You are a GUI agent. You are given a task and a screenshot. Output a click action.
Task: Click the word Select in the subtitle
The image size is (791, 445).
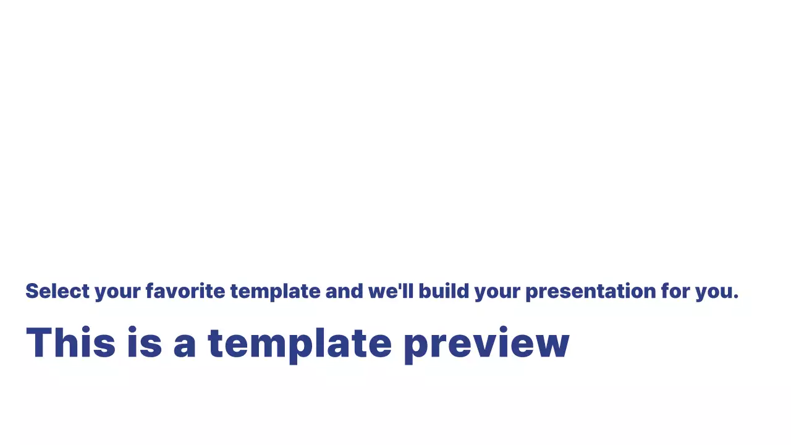(57, 291)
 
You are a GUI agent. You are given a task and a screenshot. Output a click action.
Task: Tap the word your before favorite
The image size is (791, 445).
(117, 292)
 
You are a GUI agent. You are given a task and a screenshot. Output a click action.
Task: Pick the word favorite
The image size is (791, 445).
(185, 291)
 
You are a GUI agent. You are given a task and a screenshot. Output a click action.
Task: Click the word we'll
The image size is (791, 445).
(391, 291)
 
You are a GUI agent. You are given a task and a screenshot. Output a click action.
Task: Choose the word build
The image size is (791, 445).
(444, 291)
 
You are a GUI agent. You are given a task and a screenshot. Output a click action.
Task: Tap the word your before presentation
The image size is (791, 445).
(497, 292)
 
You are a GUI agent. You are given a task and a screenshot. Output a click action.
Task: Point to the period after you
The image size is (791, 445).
(736, 298)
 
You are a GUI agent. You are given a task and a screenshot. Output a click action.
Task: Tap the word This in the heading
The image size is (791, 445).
(70, 342)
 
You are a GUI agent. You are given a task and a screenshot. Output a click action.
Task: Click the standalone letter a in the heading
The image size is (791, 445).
(184, 346)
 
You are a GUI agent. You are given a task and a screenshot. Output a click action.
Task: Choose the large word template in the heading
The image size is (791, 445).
(299, 344)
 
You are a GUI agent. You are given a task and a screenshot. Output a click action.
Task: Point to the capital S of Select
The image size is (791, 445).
(32, 291)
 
